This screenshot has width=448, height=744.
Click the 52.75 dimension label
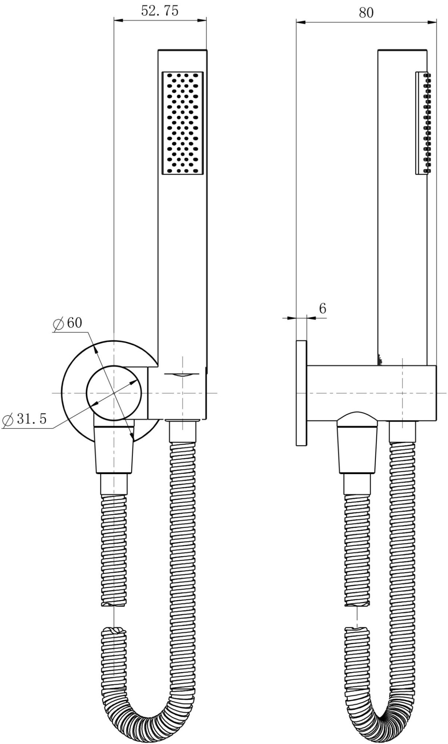(159, 11)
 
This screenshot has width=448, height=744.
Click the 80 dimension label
(366, 13)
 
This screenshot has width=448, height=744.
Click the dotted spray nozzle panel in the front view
(183, 123)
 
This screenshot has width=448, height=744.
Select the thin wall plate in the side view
(301, 393)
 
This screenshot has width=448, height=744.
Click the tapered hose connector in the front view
(114, 450)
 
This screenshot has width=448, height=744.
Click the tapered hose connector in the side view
(357, 450)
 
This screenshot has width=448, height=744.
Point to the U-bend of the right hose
(383, 719)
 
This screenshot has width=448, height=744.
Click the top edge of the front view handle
(183, 50)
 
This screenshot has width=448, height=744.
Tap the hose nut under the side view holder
(402, 431)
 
